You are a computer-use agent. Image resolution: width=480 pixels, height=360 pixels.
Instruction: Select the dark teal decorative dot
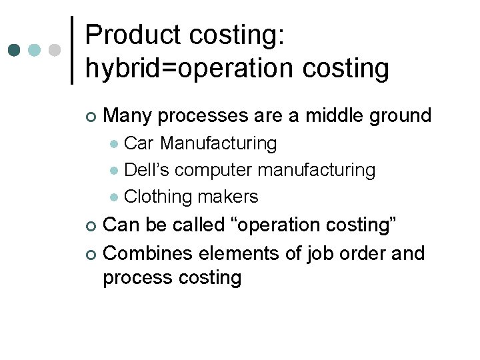click(15, 50)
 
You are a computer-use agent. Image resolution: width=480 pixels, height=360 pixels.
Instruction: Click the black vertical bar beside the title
click(72, 50)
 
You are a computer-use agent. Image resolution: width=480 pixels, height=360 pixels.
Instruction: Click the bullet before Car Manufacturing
click(114, 144)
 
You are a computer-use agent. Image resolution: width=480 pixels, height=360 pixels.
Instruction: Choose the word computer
click(215, 171)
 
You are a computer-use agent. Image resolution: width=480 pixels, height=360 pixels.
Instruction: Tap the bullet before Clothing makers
click(114, 197)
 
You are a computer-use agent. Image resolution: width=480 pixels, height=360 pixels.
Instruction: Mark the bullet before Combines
click(91, 254)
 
